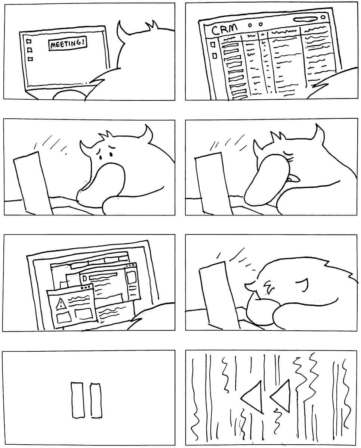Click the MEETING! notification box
[x=68, y=44]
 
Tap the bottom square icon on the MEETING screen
[x=30, y=59]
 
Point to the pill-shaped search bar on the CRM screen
[x=305, y=19]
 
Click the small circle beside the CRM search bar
[x=323, y=17]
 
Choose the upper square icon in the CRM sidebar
[x=213, y=44]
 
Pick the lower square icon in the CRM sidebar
[x=215, y=56]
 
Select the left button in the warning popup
[x=64, y=318]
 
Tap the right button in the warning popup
[x=84, y=314]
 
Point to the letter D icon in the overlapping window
[x=85, y=278]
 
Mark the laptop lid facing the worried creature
[x=33, y=183]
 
